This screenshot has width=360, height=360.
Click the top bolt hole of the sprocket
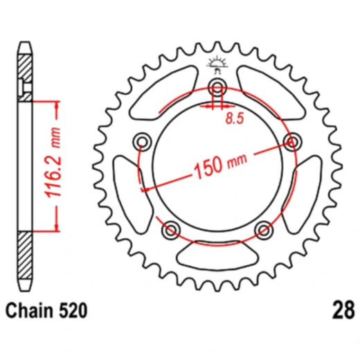pyautogui.click(x=217, y=88)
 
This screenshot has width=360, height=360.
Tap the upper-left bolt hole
pyautogui.click(x=144, y=142)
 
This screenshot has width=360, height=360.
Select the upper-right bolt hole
pyautogui.click(x=291, y=142)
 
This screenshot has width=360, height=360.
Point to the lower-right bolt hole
pyautogui.click(x=263, y=228)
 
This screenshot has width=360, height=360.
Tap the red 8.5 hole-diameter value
pyautogui.click(x=233, y=118)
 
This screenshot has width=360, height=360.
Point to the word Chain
pyautogui.click(x=33, y=312)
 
